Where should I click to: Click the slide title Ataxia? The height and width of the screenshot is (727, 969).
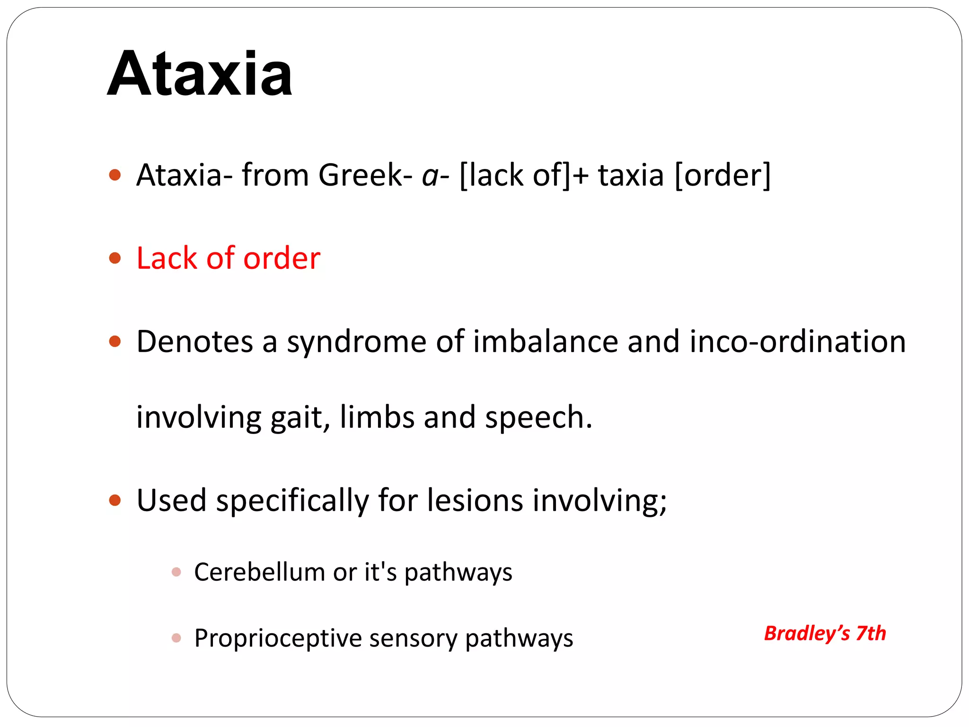coord(200,74)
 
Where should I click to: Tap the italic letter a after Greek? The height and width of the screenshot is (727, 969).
coord(430,176)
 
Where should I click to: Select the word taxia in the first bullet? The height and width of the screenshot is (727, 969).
coord(631,175)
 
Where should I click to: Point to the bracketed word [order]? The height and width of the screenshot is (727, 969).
coord(722,175)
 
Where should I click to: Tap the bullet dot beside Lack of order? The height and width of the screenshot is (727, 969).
coord(115,258)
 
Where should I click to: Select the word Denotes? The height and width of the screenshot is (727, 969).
coord(194,341)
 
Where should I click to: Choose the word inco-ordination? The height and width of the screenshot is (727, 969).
coord(797,341)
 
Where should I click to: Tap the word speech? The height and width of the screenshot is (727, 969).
coord(537,418)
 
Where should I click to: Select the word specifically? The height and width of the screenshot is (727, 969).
coord(292,501)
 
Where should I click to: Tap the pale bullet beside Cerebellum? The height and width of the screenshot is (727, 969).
coord(176,572)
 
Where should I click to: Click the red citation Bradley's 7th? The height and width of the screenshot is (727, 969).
coord(825,633)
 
